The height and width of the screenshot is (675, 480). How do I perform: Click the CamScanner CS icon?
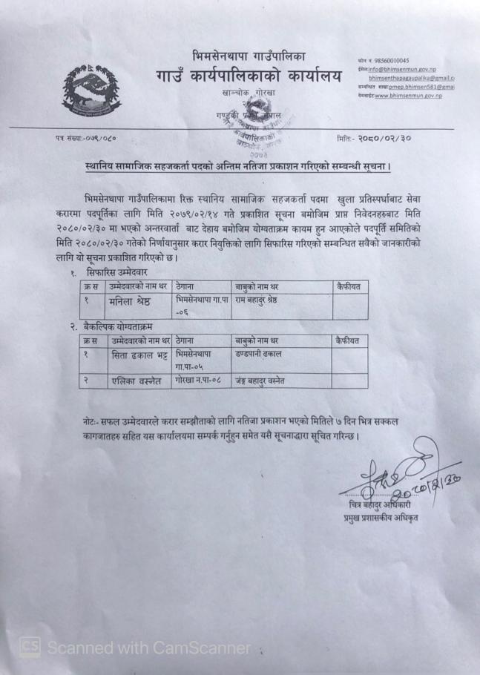29,648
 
